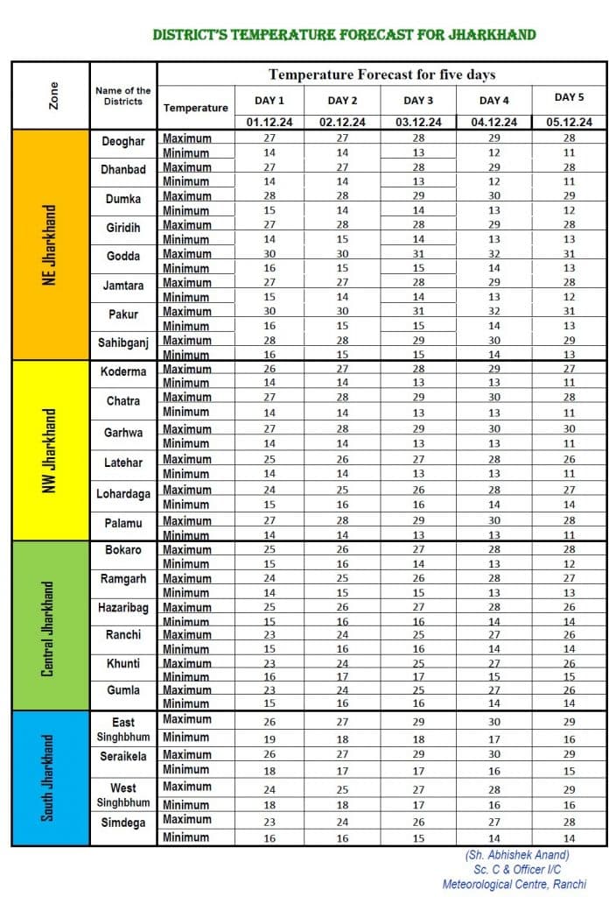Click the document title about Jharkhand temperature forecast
click(x=344, y=35)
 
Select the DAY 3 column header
click(x=418, y=101)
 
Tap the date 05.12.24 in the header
click(x=570, y=123)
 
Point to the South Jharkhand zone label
click(x=50, y=778)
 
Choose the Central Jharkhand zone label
click(x=50, y=627)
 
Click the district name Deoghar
click(x=123, y=141)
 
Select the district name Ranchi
click(x=123, y=634)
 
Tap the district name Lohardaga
click(x=123, y=494)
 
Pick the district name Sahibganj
click(x=123, y=342)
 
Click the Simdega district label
click(x=123, y=823)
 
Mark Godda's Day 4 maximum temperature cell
click(x=494, y=254)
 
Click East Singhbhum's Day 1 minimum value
click(x=270, y=739)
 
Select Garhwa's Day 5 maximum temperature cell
click(x=570, y=429)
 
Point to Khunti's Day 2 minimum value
click(x=343, y=677)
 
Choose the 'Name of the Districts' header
click(x=123, y=95)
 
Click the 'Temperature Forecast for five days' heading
click(x=381, y=74)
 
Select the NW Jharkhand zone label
click(x=52, y=448)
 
